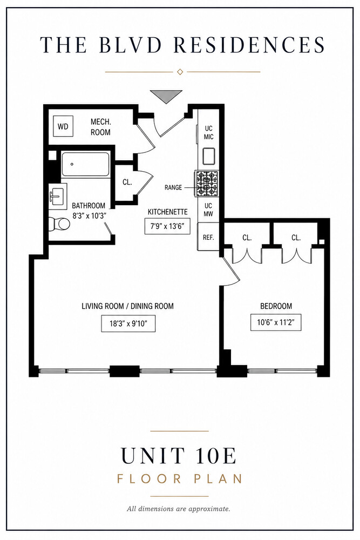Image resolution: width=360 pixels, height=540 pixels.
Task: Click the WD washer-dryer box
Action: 63,126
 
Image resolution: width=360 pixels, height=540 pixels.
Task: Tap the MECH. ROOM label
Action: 100,127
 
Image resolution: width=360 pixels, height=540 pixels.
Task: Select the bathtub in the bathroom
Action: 85,164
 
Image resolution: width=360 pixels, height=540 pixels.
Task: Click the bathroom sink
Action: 57,196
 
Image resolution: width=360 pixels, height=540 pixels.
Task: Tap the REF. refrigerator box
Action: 208,237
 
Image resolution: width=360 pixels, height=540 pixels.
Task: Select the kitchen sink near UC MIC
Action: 208,156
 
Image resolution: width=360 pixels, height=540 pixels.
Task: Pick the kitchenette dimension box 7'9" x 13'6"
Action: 167,226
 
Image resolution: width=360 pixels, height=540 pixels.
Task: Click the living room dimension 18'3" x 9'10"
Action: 128,323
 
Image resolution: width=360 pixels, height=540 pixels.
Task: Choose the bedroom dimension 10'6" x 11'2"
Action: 276,322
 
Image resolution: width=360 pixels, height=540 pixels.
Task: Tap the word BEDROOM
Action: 276,306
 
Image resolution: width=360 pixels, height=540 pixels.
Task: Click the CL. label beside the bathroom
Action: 127,182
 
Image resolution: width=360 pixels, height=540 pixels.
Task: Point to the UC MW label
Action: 208,210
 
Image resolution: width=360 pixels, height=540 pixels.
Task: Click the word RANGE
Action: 173,188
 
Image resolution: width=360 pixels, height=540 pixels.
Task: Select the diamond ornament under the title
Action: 179,72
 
